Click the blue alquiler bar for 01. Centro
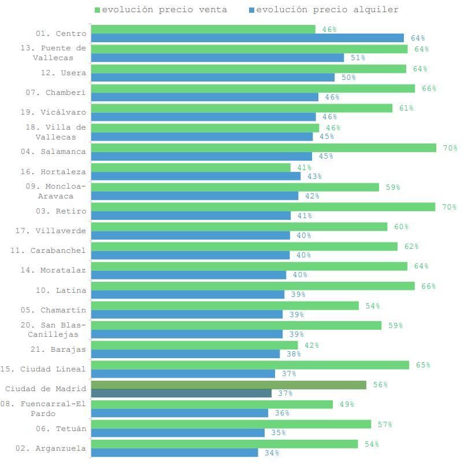(x=247, y=38)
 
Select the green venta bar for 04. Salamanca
(x=263, y=148)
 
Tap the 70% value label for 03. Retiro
(x=449, y=207)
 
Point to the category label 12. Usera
(x=63, y=73)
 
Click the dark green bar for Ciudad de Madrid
(x=228, y=385)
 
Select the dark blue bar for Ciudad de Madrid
(x=181, y=393)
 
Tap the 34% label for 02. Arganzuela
(x=272, y=453)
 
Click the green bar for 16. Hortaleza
(x=191, y=168)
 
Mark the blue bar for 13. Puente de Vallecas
(x=217, y=58)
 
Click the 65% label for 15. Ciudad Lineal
(x=423, y=365)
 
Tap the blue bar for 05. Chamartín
(x=187, y=315)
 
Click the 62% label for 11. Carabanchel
(x=411, y=246)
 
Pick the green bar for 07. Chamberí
(x=253, y=89)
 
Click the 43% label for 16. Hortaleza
(x=314, y=176)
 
